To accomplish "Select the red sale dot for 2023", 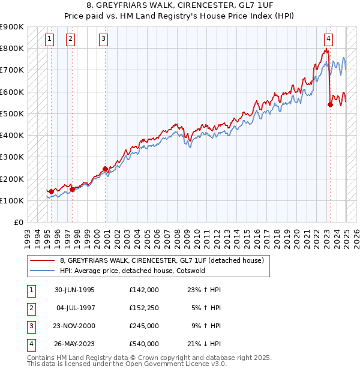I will [x=330, y=104].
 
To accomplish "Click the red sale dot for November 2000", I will [x=105, y=169].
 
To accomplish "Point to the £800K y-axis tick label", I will [x=12, y=48].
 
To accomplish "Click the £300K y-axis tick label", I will [x=12, y=157].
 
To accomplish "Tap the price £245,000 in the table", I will [x=144, y=326].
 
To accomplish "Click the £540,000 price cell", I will [x=144, y=344].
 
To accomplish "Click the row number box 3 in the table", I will [x=30, y=326].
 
